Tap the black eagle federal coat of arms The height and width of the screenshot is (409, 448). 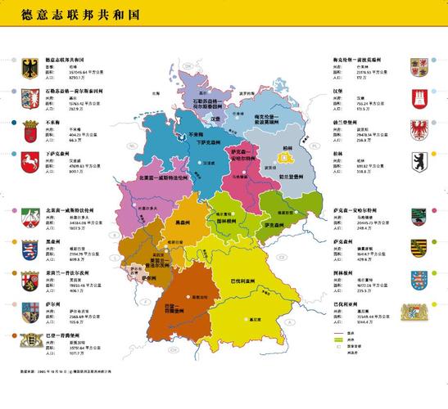point(29,67)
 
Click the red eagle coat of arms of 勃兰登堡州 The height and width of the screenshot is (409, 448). point(419,128)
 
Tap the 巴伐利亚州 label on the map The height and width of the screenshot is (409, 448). point(242,282)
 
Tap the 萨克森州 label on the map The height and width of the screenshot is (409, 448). point(273,223)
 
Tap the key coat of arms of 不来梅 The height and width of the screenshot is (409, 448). point(29,128)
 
